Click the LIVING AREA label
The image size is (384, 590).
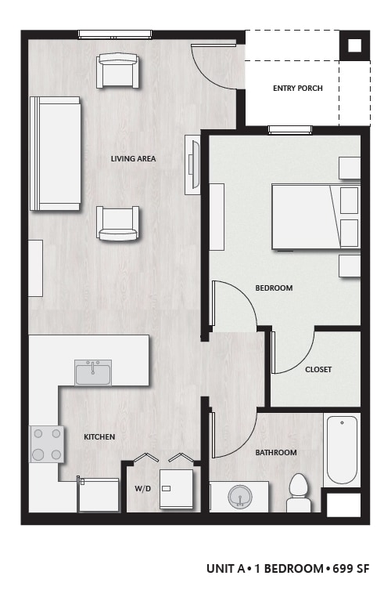[x=133, y=159]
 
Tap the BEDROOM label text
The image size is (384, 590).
[x=274, y=288]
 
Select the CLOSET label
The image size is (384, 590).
[x=318, y=370]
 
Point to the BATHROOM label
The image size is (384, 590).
[x=275, y=453]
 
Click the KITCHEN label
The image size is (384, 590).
[x=99, y=437]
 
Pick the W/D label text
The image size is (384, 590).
[x=142, y=489]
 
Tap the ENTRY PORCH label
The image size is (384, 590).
[x=297, y=89]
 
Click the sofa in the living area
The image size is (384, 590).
[x=55, y=154]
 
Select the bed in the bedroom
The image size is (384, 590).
[x=314, y=216]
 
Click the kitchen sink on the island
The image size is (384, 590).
[x=93, y=372]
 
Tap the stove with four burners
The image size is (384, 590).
[x=46, y=444]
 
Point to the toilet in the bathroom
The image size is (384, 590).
[x=299, y=493]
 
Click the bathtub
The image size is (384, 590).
[x=342, y=450]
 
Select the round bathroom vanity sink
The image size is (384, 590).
[x=239, y=497]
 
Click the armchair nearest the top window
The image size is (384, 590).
[x=118, y=70]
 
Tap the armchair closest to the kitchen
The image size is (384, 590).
[x=118, y=223]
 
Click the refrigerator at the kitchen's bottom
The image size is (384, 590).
[x=99, y=495]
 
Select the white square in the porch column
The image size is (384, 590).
[x=354, y=45]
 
